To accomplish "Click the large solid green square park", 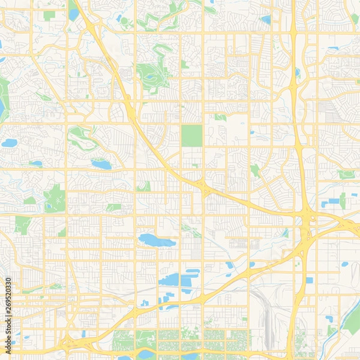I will point(192,136).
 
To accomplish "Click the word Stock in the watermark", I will point(8,321).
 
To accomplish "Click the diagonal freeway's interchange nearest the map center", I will point(205,187).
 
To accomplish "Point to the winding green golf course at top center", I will point(153,75).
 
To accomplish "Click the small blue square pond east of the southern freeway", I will point(309,280).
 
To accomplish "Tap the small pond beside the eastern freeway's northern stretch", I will point(298,73).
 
